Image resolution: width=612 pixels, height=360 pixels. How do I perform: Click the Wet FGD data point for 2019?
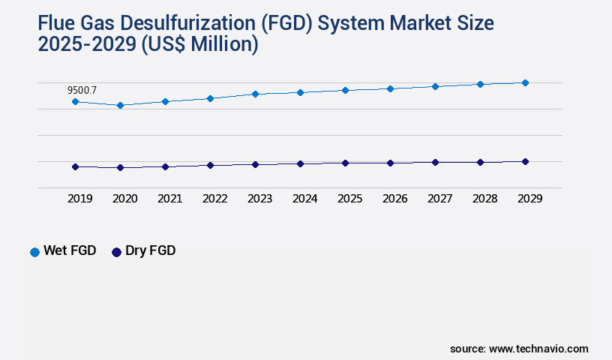point(75,101)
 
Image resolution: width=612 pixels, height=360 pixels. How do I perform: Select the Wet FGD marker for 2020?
point(120,106)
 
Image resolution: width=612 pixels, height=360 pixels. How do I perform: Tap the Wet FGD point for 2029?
point(525,82)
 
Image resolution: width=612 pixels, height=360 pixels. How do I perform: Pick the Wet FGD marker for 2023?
point(255,94)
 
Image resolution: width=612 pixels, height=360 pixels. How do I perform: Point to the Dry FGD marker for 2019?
point(75,166)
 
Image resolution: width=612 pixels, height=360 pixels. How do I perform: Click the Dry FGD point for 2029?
point(525,161)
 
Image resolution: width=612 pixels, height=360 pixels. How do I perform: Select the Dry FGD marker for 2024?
point(300,163)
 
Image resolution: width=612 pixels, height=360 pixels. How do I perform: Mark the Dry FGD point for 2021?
point(165,166)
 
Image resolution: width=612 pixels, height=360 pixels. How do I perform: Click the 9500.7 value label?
point(82,90)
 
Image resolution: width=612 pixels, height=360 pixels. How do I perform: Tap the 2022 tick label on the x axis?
point(214,199)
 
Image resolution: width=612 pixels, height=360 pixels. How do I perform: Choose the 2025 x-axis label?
point(349,199)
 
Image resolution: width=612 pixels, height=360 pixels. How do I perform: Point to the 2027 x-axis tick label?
point(439,199)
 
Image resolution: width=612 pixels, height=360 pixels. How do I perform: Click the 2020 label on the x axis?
point(124,199)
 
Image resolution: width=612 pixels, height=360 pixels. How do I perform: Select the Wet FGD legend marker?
point(34,252)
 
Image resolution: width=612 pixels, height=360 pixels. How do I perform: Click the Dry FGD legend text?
point(150,251)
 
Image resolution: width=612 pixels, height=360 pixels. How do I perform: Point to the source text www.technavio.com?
point(538,349)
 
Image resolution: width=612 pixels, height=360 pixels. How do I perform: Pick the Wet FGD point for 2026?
point(390,88)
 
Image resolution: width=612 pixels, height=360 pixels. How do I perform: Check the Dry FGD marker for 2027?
point(435,162)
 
